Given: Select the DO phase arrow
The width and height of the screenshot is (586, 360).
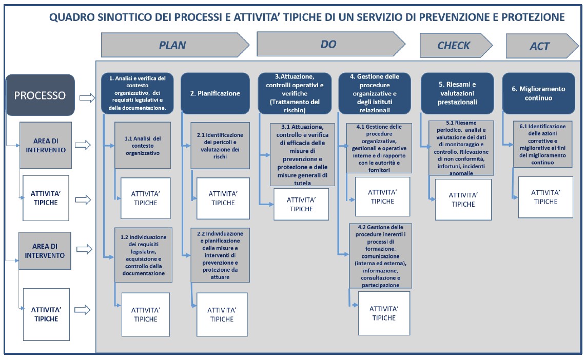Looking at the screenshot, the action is [x=331, y=44].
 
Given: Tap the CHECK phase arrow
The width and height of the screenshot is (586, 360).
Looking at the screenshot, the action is [x=456, y=45].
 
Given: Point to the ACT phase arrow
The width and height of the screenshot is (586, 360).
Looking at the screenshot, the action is [x=542, y=46].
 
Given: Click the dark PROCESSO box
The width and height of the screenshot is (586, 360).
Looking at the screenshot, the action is [x=40, y=95].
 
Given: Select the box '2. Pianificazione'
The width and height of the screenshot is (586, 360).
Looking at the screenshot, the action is [x=215, y=93].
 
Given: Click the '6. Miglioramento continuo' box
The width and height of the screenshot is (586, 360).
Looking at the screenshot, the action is [x=538, y=93].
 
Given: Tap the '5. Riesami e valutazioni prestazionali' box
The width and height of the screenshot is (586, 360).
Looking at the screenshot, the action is [x=457, y=93].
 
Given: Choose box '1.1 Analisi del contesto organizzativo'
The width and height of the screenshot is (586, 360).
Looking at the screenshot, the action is [x=142, y=145].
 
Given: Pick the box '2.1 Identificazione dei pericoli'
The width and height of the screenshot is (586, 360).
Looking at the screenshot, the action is [x=220, y=146].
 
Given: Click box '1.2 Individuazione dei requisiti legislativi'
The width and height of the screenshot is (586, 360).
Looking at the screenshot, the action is [x=143, y=255].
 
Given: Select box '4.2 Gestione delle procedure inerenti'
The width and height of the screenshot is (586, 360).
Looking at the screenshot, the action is [x=380, y=256].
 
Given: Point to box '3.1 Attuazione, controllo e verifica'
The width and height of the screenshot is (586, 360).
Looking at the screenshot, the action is [x=302, y=155].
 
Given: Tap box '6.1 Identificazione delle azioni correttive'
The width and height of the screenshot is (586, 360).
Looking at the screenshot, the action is [x=542, y=144].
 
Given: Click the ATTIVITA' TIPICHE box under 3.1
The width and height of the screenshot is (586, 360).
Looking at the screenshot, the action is [x=301, y=204].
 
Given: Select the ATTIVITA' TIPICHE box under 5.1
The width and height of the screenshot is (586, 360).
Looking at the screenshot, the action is [x=463, y=199].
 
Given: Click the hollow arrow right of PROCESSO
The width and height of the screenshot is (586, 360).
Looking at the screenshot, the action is [x=87, y=98].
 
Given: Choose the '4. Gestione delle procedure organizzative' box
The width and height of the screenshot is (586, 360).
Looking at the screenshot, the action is [x=375, y=93].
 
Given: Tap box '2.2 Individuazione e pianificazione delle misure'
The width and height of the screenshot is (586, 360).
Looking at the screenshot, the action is [x=220, y=255].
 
